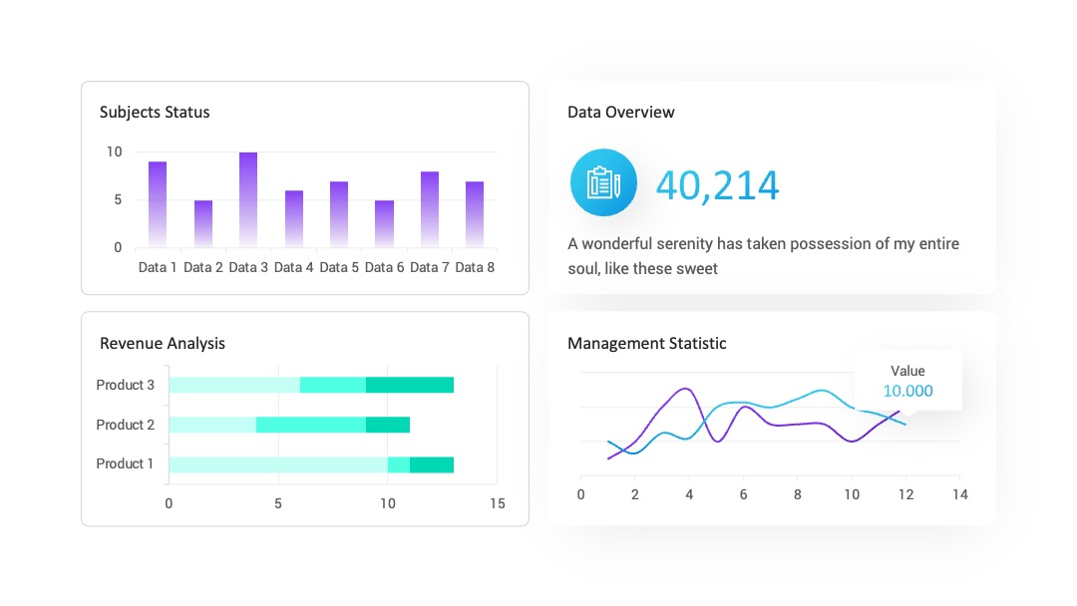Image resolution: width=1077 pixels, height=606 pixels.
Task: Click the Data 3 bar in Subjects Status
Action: pyautogui.click(x=248, y=199)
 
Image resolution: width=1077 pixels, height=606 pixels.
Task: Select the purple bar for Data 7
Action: pyautogui.click(x=430, y=209)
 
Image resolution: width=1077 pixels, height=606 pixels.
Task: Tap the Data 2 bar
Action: pyautogui.click(x=203, y=223)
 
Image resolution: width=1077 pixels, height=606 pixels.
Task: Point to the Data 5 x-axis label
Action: pyautogui.click(x=339, y=268)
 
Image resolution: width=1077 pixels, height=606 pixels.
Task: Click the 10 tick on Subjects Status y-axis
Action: pyautogui.click(x=114, y=151)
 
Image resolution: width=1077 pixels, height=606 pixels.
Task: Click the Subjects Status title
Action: pyautogui.click(x=155, y=112)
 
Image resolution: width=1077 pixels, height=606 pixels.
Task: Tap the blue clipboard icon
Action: pyautogui.click(x=603, y=182)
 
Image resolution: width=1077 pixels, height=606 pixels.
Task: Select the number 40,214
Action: pyautogui.click(x=718, y=185)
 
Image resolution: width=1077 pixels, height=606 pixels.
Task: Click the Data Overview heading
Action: pyautogui.click(x=621, y=112)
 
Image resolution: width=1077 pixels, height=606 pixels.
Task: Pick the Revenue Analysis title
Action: pyautogui.click(x=163, y=343)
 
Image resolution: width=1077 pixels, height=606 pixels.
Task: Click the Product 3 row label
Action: pyautogui.click(x=125, y=385)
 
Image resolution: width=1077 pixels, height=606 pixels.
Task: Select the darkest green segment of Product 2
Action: pyautogui.click(x=388, y=425)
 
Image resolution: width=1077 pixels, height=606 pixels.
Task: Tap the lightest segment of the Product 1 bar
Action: pyautogui.click(x=278, y=464)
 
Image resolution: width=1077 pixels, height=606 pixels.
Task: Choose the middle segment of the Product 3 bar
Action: pyautogui.click(x=333, y=385)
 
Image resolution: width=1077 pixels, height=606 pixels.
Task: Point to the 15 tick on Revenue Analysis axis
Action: pyautogui.click(x=498, y=503)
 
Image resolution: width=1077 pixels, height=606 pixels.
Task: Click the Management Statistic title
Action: pyautogui.click(x=647, y=343)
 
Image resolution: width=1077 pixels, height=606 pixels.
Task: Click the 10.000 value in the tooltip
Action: pyautogui.click(x=908, y=391)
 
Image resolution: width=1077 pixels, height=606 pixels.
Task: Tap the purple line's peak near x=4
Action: pyautogui.click(x=685, y=389)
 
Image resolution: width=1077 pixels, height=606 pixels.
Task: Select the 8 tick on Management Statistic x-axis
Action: pyautogui.click(x=798, y=494)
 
